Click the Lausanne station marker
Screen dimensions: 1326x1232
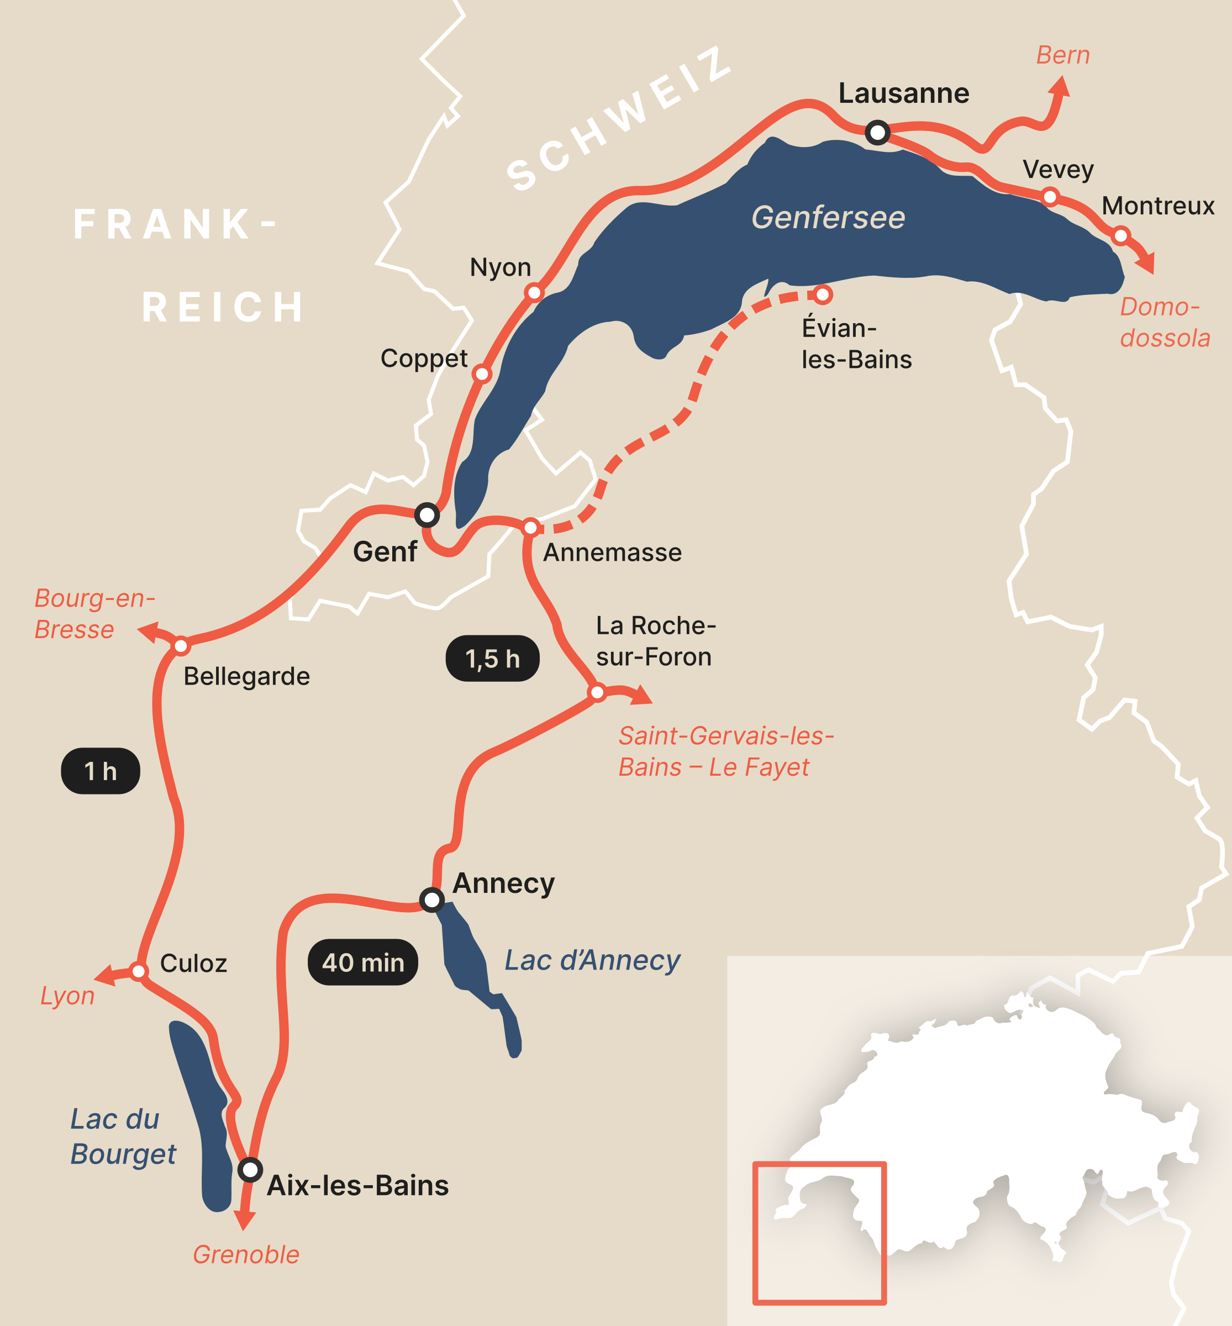pyautogui.click(x=877, y=133)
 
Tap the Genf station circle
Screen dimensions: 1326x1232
pyautogui.click(x=427, y=515)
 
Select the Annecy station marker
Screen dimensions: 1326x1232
pyautogui.click(x=432, y=900)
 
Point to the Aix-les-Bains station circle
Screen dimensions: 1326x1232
pyautogui.click(x=250, y=1169)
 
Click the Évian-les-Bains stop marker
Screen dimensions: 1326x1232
pyautogui.click(x=823, y=294)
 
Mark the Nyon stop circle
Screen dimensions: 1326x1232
pyautogui.click(x=534, y=292)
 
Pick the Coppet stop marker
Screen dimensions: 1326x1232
pyautogui.click(x=481, y=374)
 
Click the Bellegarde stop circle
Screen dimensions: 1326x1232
pyautogui.click(x=181, y=645)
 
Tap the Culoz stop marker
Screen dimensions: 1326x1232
pyautogui.click(x=139, y=971)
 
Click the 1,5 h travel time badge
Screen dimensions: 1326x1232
pyautogui.click(x=492, y=659)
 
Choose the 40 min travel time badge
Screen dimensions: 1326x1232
pyautogui.click(x=362, y=962)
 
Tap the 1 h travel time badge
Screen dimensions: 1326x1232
pyautogui.click(x=101, y=771)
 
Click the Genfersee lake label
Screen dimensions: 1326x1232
pyautogui.click(x=828, y=217)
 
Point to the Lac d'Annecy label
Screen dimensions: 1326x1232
pyautogui.click(x=592, y=960)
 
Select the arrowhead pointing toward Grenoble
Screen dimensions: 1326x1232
pyautogui.click(x=245, y=1220)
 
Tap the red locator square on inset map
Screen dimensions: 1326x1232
pyautogui.click(x=819, y=1233)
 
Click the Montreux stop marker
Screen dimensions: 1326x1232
pyautogui.click(x=1120, y=235)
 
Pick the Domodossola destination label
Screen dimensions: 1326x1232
pyautogui.click(x=1165, y=322)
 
